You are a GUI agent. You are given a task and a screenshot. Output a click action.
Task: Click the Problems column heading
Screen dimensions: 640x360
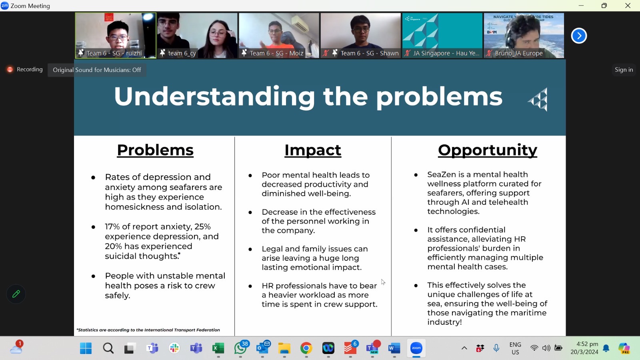click(155, 150)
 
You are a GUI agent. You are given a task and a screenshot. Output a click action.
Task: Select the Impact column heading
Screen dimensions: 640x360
click(312, 150)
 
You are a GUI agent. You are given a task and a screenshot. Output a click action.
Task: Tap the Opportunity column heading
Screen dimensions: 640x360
click(488, 150)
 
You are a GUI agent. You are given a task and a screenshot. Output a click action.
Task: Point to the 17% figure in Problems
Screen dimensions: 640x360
click(112, 226)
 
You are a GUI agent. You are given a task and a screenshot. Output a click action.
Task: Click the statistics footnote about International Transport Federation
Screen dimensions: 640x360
click(148, 330)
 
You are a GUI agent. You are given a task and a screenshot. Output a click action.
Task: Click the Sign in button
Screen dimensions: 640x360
click(624, 70)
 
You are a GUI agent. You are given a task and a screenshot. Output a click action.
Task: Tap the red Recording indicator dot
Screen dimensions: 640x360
click(10, 70)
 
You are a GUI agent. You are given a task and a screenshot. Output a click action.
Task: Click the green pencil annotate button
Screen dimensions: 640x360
click(16, 294)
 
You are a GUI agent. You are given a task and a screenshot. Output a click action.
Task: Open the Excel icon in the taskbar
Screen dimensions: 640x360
click(218, 348)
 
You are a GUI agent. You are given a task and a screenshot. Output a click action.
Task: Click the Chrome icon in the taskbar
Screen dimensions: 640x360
click(306, 348)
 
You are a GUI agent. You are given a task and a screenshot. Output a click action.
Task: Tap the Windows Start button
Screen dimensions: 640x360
click(86, 348)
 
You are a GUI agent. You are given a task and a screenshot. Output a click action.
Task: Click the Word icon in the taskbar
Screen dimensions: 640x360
click(394, 348)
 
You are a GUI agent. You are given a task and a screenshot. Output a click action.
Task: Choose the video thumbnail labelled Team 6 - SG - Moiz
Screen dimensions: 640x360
click(279, 36)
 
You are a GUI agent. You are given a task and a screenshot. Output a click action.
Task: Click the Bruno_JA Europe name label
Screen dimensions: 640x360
click(518, 54)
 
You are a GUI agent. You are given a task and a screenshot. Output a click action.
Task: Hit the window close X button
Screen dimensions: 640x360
click(628, 6)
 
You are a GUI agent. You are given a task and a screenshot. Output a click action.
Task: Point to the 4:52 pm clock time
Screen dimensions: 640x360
click(587, 344)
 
